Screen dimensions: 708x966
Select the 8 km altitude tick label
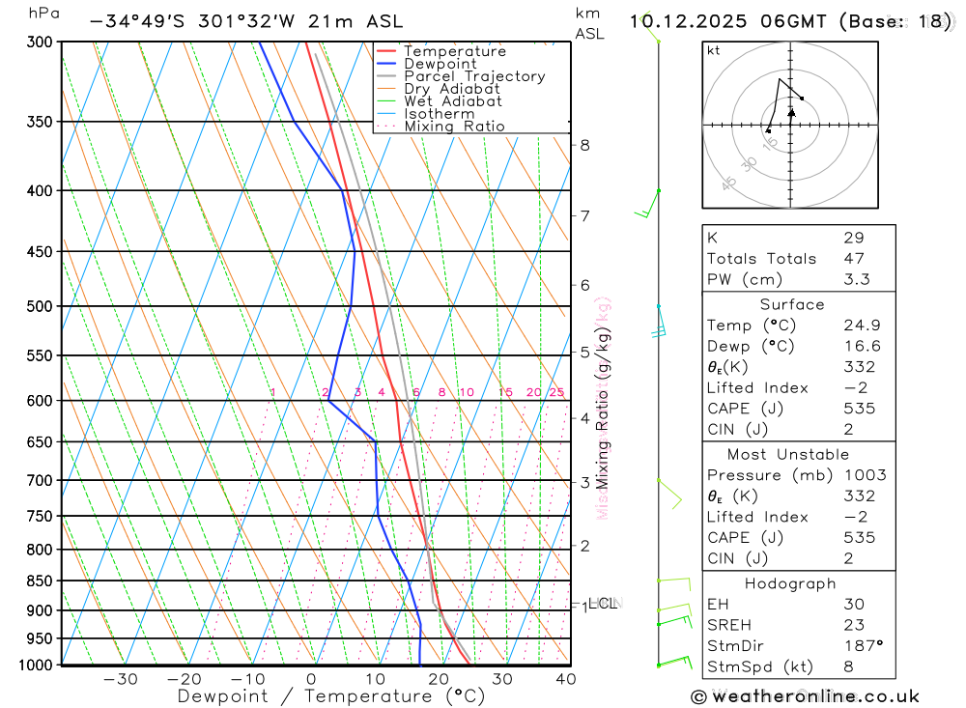584,146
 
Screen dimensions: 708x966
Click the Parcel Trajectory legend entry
474,76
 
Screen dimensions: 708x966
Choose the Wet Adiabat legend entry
452,101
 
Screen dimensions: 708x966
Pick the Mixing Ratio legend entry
454,127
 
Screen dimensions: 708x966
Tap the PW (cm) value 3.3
856,279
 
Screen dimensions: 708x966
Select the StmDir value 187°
858,645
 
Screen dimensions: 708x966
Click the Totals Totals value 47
853,258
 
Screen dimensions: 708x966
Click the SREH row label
728,625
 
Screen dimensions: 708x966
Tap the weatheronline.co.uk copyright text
806,696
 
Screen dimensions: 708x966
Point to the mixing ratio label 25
556,392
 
